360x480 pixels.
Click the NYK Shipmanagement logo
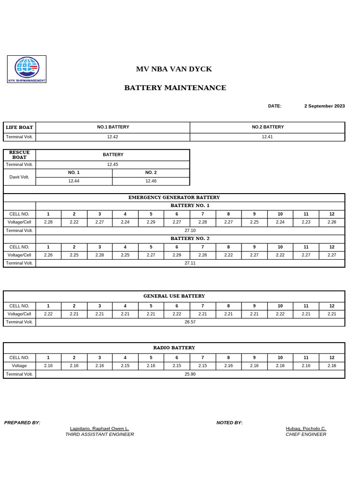(x=27, y=69)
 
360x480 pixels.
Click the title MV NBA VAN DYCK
(x=174, y=69)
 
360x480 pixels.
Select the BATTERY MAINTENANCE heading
(x=175, y=88)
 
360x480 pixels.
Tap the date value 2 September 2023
(x=324, y=106)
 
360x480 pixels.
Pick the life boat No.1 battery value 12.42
(x=112, y=137)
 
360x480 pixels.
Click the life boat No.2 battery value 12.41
(x=267, y=137)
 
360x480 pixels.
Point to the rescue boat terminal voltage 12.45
(x=112, y=165)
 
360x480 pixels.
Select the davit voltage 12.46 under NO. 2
(x=151, y=181)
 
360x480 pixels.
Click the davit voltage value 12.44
(x=74, y=181)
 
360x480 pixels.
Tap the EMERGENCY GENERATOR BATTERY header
(x=174, y=197)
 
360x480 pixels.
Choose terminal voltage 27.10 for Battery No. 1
(x=190, y=231)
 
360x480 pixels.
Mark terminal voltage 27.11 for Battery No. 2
(x=190, y=263)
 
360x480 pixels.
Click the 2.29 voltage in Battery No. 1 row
(x=151, y=222)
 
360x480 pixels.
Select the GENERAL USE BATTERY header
(x=174, y=296)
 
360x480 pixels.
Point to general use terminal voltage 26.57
(x=190, y=322)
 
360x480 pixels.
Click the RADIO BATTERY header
(x=174, y=347)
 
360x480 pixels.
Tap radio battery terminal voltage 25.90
(x=190, y=374)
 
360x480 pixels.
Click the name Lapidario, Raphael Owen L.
(x=99, y=428)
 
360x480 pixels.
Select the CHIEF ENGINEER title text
(x=306, y=434)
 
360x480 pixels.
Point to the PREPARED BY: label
(x=22, y=423)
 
